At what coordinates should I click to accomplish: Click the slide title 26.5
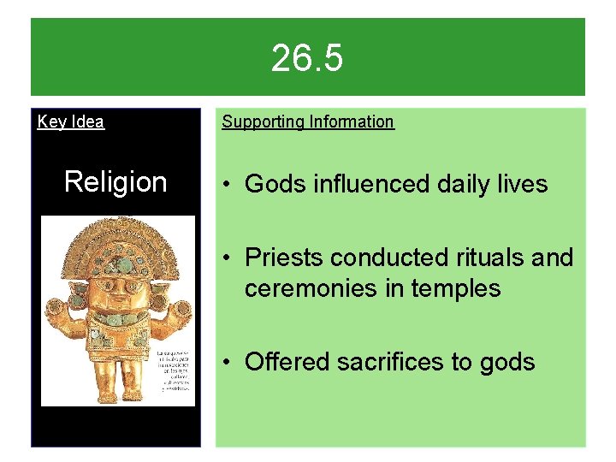[x=307, y=59]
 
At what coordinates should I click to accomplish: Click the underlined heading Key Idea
[x=71, y=121]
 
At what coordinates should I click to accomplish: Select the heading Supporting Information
[x=308, y=121]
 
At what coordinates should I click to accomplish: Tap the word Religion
[x=115, y=181]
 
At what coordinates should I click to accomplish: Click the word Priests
[x=283, y=257]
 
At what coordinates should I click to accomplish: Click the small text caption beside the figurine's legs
[x=174, y=370]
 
